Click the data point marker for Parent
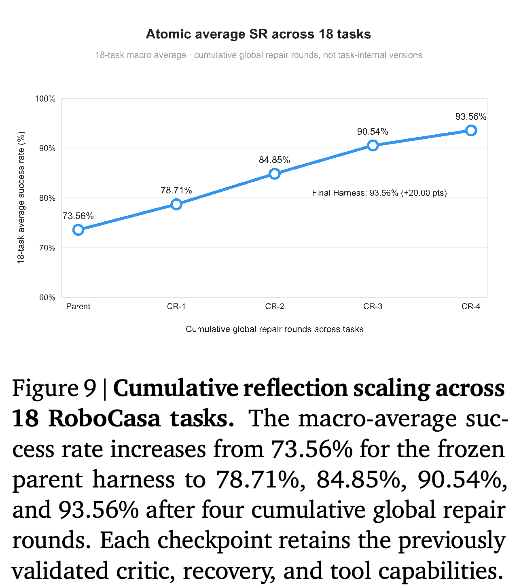[x=78, y=230]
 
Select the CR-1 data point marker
[x=176, y=204]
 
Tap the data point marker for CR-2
[x=274, y=174]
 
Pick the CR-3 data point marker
[x=373, y=146]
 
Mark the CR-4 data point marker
[x=471, y=131]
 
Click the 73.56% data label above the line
[x=78, y=216]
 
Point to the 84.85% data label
[x=274, y=160]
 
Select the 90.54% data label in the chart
[x=373, y=132]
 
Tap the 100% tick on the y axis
[x=45, y=99]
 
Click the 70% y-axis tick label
[x=47, y=248]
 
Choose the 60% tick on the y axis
[x=47, y=298]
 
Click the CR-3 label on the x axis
[x=373, y=307]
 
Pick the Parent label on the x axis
[x=78, y=307]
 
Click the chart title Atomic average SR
[x=258, y=34]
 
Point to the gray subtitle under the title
[x=258, y=55]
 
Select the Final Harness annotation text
[x=379, y=193]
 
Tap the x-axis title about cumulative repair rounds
[x=274, y=329]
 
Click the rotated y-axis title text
[x=21, y=197]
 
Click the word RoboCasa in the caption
[x=104, y=419]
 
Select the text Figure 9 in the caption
[x=54, y=388]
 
